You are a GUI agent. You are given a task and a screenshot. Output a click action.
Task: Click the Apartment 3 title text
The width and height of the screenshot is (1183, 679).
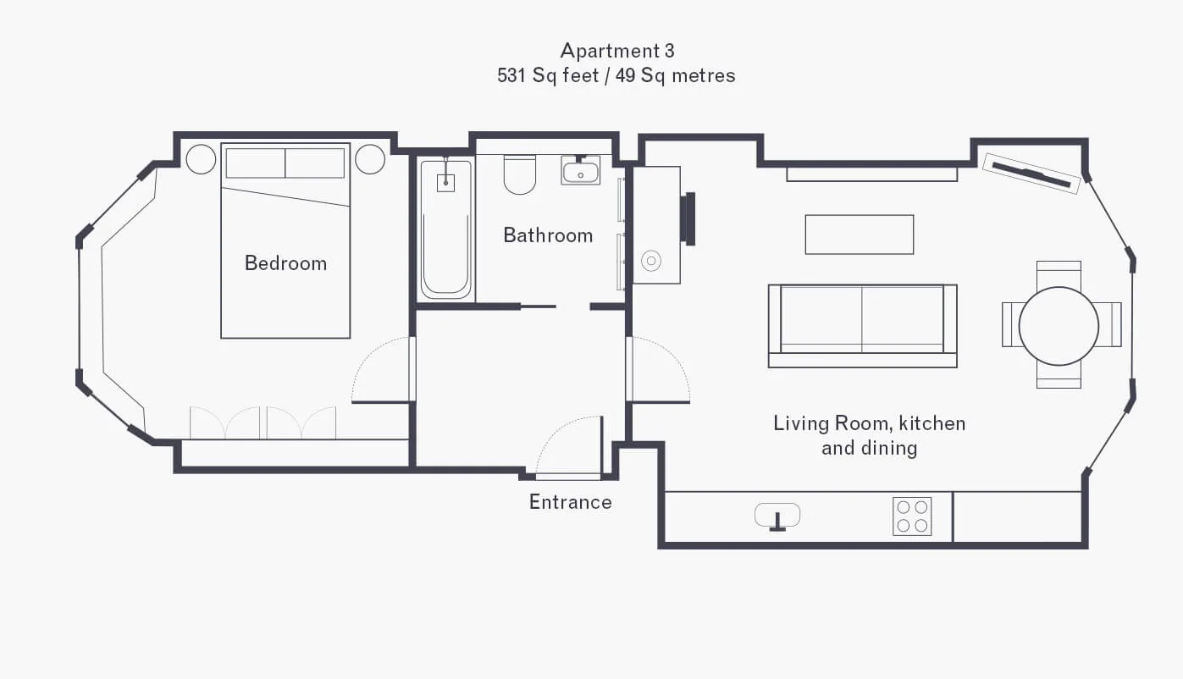coord(616,51)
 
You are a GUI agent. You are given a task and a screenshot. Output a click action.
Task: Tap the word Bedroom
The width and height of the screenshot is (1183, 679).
coord(285,263)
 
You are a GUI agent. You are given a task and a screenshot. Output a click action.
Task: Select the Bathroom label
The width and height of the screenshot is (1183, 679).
coord(548,235)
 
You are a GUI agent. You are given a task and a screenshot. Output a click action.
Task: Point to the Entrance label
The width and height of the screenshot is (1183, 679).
coord(571,501)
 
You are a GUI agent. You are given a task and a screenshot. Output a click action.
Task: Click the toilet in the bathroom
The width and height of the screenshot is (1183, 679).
coord(520,174)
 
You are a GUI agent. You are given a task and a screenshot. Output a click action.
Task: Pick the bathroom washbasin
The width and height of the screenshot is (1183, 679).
coord(580,170)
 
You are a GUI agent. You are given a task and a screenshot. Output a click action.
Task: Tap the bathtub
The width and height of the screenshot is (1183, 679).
coord(446,229)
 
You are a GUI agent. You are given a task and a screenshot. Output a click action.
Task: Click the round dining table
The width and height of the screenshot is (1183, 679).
coord(1059,326)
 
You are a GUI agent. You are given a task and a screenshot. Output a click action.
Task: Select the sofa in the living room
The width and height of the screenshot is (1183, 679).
coord(862,326)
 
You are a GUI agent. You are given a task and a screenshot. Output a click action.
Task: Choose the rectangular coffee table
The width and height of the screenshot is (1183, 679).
coord(860,235)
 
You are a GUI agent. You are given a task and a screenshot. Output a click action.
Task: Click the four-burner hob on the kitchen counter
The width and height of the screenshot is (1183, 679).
coord(912,516)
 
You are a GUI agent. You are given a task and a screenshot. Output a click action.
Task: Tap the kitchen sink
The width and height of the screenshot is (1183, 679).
coord(777,516)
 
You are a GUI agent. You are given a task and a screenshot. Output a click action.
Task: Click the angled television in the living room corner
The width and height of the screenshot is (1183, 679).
coord(1031,174)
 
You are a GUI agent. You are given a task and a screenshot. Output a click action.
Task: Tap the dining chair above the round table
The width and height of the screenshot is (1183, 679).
coord(1059,274)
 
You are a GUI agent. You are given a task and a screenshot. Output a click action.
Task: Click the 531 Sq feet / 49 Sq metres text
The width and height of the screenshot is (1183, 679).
coord(616,75)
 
